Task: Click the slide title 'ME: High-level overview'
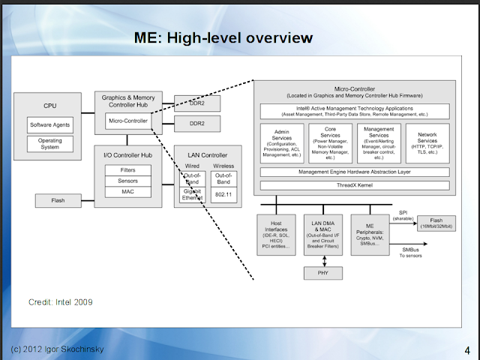(x=223, y=37)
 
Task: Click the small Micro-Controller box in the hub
(x=128, y=120)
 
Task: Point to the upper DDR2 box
(x=196, y=102)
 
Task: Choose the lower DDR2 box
(x=196, y=122)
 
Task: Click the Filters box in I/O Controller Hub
(x=127, y=170)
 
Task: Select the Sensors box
(x=127, y=181)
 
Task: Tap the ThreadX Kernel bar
(x=355, y=185)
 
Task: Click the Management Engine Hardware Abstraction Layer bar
(x=355, y=172)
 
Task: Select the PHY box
(x=322, y=272)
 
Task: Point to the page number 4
(x=467, y=349)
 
